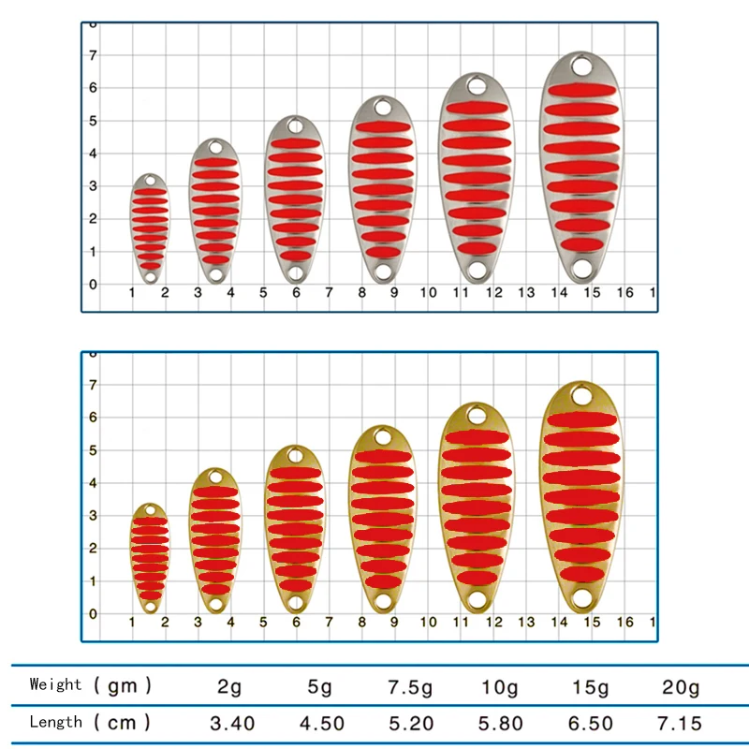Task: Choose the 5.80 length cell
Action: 499,724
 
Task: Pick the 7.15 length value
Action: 680,724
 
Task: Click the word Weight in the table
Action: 56,684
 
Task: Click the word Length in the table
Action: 56,722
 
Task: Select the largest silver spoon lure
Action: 581,169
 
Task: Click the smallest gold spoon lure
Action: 150,557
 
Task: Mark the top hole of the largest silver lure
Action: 581,67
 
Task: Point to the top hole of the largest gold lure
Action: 581,397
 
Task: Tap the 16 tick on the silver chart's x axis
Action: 625,293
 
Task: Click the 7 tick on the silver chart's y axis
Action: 92,55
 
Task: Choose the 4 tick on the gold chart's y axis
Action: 92,483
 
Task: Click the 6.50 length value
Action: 591,724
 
